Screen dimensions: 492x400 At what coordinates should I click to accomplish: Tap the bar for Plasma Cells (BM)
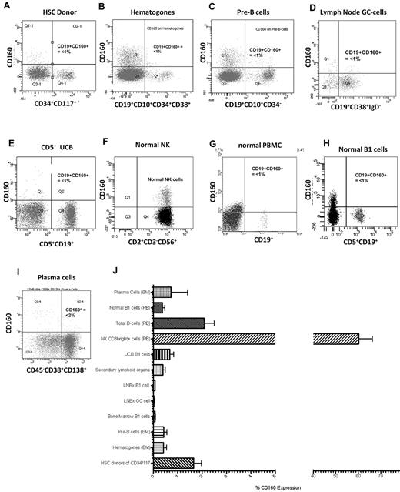[x=162, y=292]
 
